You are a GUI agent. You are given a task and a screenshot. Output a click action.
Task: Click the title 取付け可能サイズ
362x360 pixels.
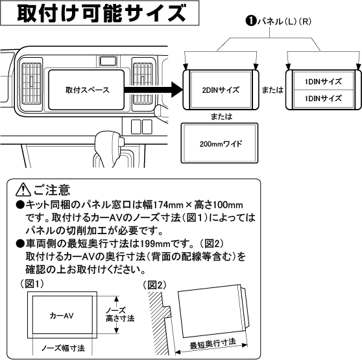pyautogui.click(x=98, y=15)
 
